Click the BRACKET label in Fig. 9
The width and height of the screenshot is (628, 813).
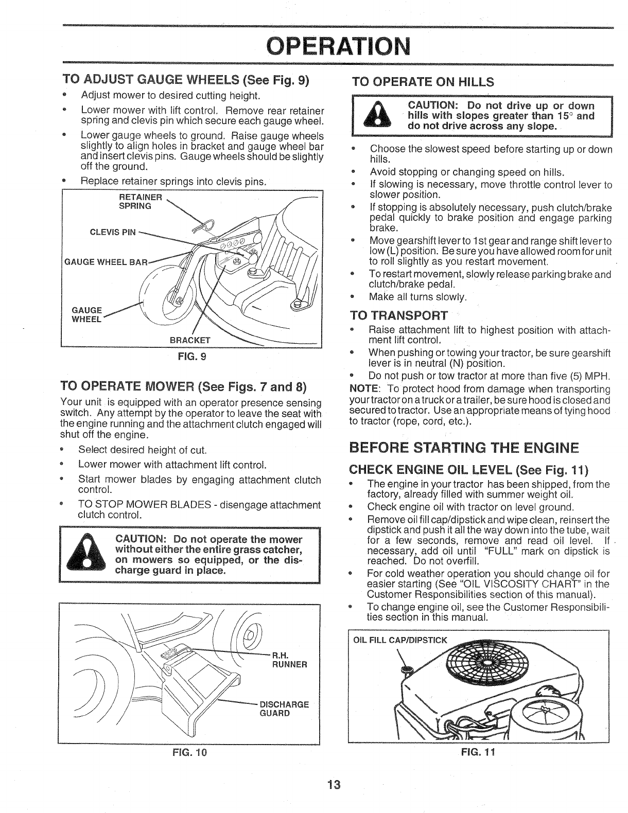[x=190, y=340]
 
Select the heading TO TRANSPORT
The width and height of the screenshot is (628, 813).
[x=398, y=315]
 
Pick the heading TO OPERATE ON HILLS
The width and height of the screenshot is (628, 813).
[x=422, y=82]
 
